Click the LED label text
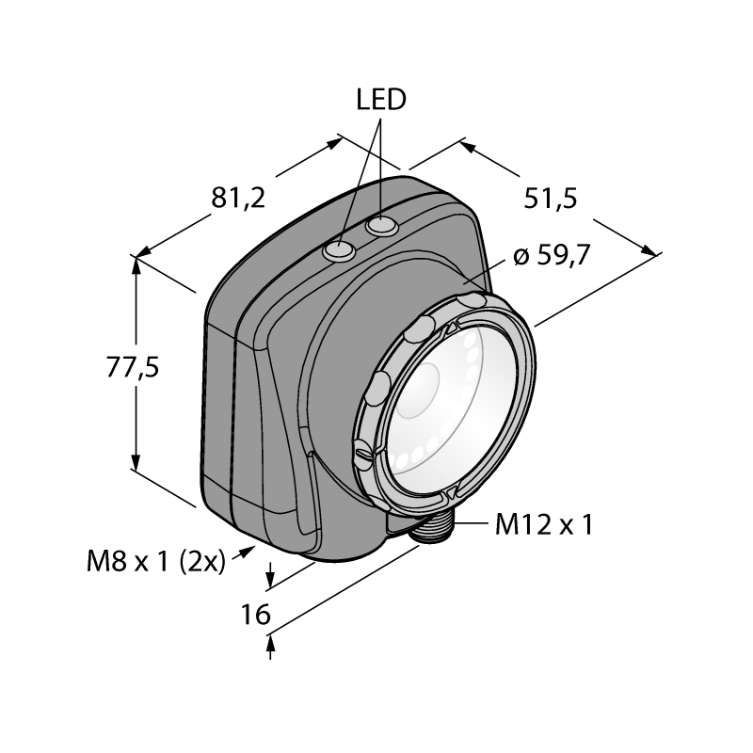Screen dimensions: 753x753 pos(381,100)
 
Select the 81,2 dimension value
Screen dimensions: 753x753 pos(238,198)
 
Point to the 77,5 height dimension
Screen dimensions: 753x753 pos(132,368)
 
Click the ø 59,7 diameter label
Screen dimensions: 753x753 pos(552,255)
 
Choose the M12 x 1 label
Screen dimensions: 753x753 pos(544,524)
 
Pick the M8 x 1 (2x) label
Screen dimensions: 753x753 pos(156,561)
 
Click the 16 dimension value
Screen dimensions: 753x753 pos(255,615)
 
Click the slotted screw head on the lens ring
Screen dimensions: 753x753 pos(363,453)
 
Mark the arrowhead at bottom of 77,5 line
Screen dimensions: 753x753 pos(136,462)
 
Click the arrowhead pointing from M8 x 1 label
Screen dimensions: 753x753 pos(248,551)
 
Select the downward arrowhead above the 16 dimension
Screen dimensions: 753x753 pos(270,580)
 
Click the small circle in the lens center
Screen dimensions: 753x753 pos(417,390)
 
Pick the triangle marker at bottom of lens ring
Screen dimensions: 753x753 pos(451,494)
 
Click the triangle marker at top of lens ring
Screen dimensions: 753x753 pos(451,328)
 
